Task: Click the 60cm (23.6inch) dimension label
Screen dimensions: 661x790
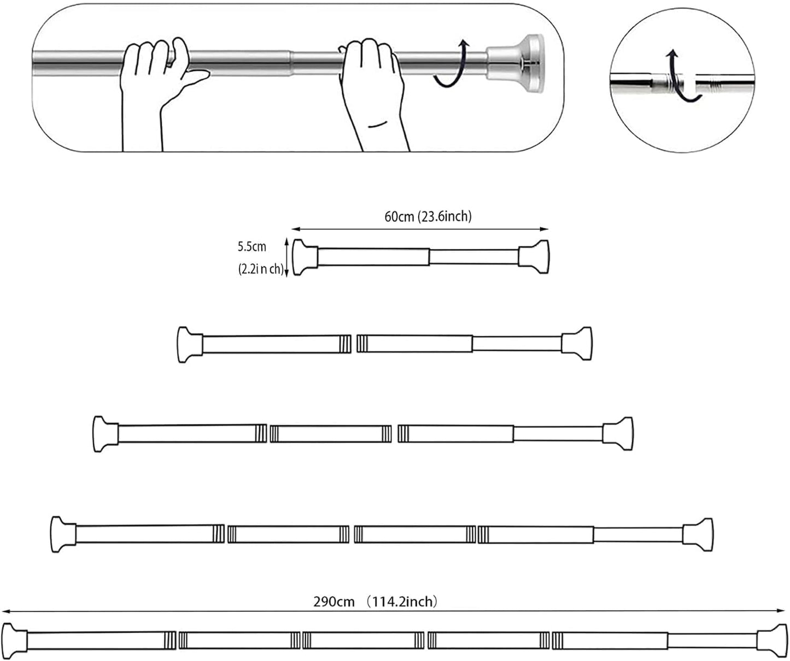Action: (x=428, y=217)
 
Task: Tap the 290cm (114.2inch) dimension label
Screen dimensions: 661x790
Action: (x=375, y=602)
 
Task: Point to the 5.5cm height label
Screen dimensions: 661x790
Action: (x=251, y=246)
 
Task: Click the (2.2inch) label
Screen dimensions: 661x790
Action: (x=260, y=269)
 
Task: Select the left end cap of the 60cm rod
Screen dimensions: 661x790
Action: (x=305, y=257)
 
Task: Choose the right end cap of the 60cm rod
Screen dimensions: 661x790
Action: (x=534, y=256)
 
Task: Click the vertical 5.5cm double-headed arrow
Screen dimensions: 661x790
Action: (x=286, y=257)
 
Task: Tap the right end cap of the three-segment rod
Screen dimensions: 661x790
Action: (x=618, y=434)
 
